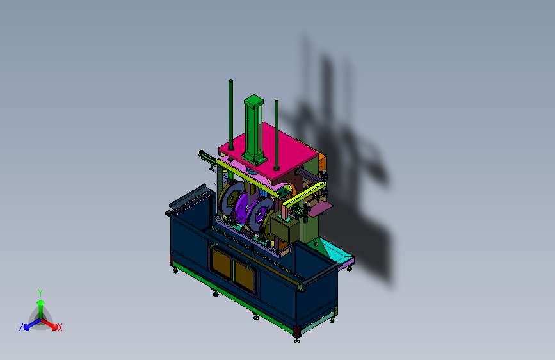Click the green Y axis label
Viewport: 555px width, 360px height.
click(40, 293)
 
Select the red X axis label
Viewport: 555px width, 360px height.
click(60, 327)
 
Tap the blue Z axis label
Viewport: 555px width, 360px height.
click(21, 327)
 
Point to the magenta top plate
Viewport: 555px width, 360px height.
click(268, 151)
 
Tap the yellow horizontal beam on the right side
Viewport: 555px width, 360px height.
click(304, 195)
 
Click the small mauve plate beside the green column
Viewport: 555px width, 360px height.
click(321, 208)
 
